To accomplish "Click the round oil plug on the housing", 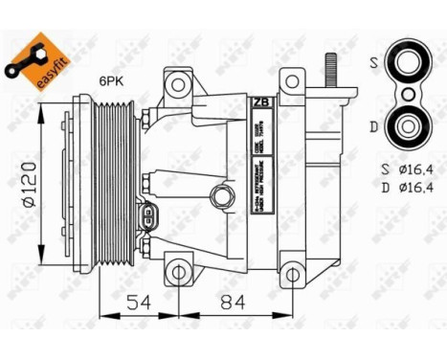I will coord(220,197).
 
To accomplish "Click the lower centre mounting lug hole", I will coord(174,271).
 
